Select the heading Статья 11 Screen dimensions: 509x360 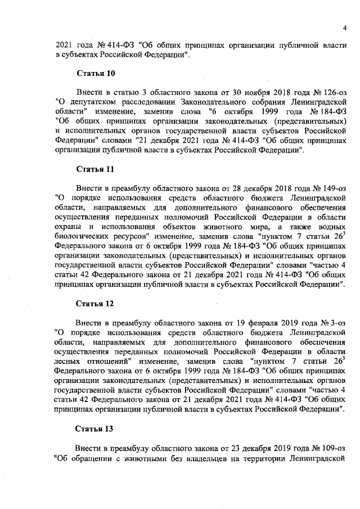(95, 168)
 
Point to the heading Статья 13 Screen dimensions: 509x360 (95, 429)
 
